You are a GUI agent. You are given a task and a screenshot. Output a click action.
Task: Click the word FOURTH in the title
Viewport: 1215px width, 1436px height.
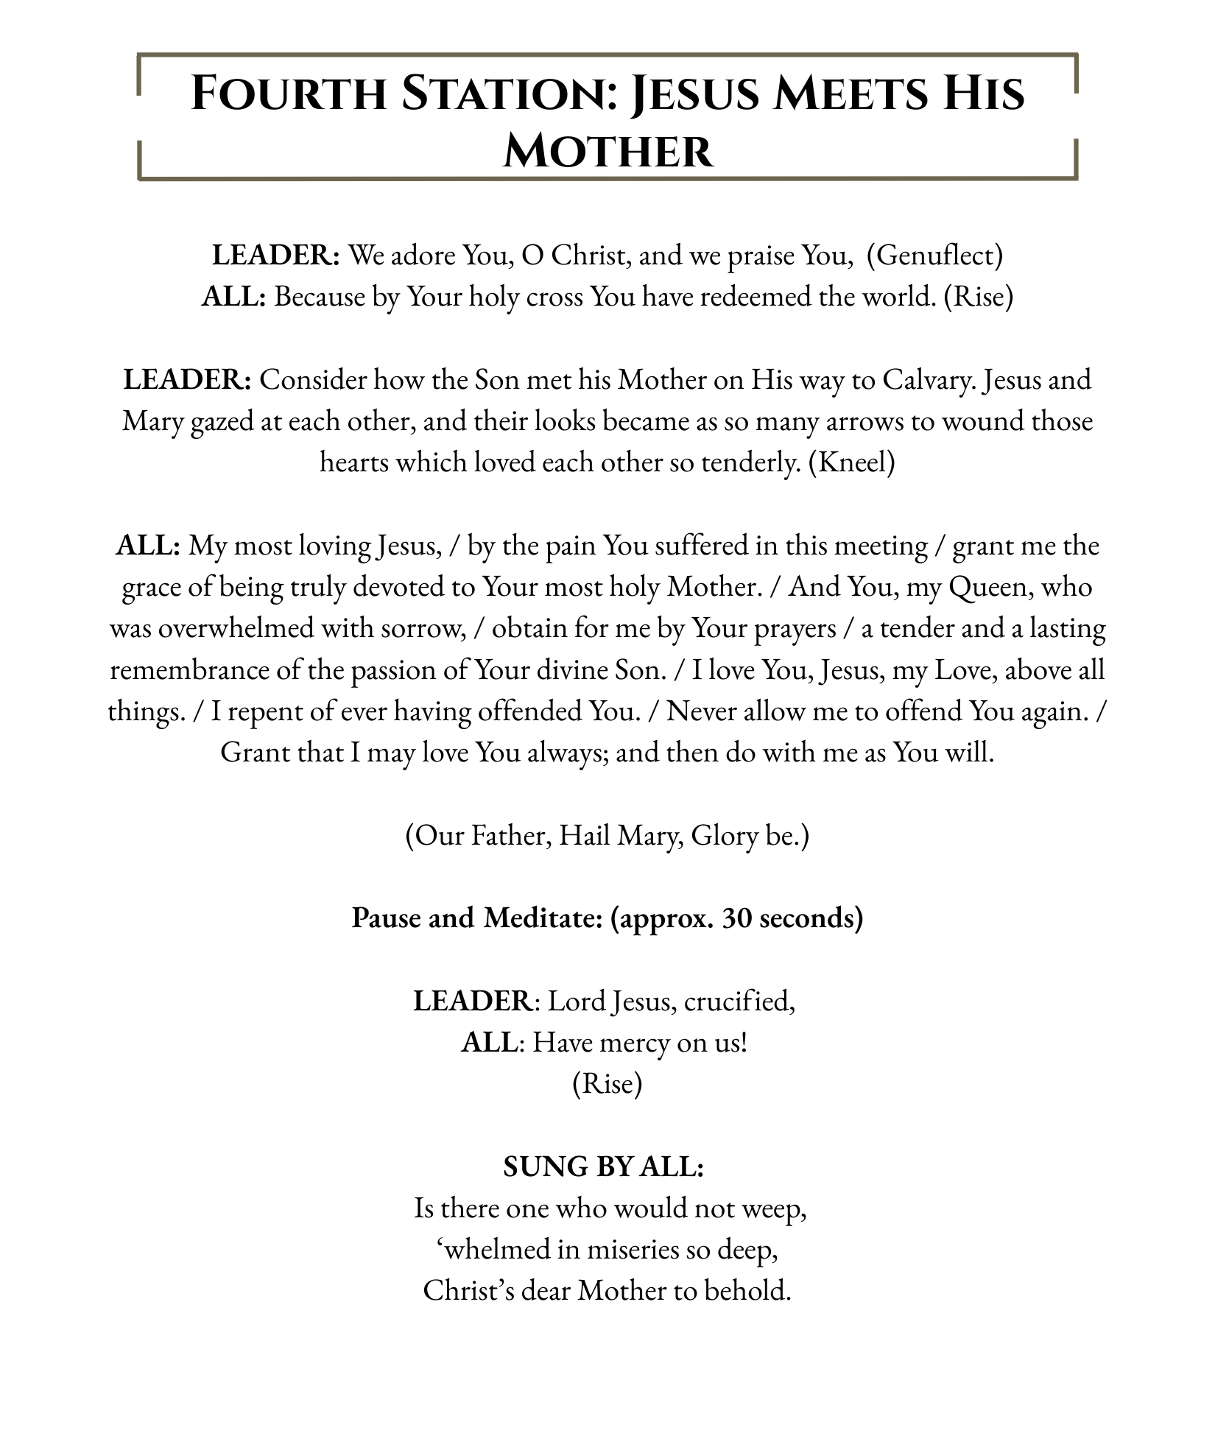[x=288, y=94]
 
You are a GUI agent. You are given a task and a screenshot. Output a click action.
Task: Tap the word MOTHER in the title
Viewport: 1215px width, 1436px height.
[x=607, y=152]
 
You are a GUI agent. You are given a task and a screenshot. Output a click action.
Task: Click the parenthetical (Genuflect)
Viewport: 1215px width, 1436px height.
[x=934, y=256]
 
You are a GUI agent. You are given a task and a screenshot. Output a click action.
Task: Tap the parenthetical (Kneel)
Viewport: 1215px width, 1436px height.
[x=851, y=462]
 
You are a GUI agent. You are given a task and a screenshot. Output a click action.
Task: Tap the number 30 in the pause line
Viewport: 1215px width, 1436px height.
[x=737, y=918]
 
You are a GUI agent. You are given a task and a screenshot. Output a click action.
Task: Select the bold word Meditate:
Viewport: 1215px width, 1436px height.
[x=543, y=918]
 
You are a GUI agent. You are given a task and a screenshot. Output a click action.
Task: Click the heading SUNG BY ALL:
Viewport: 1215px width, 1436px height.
[x=604, y=1166]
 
